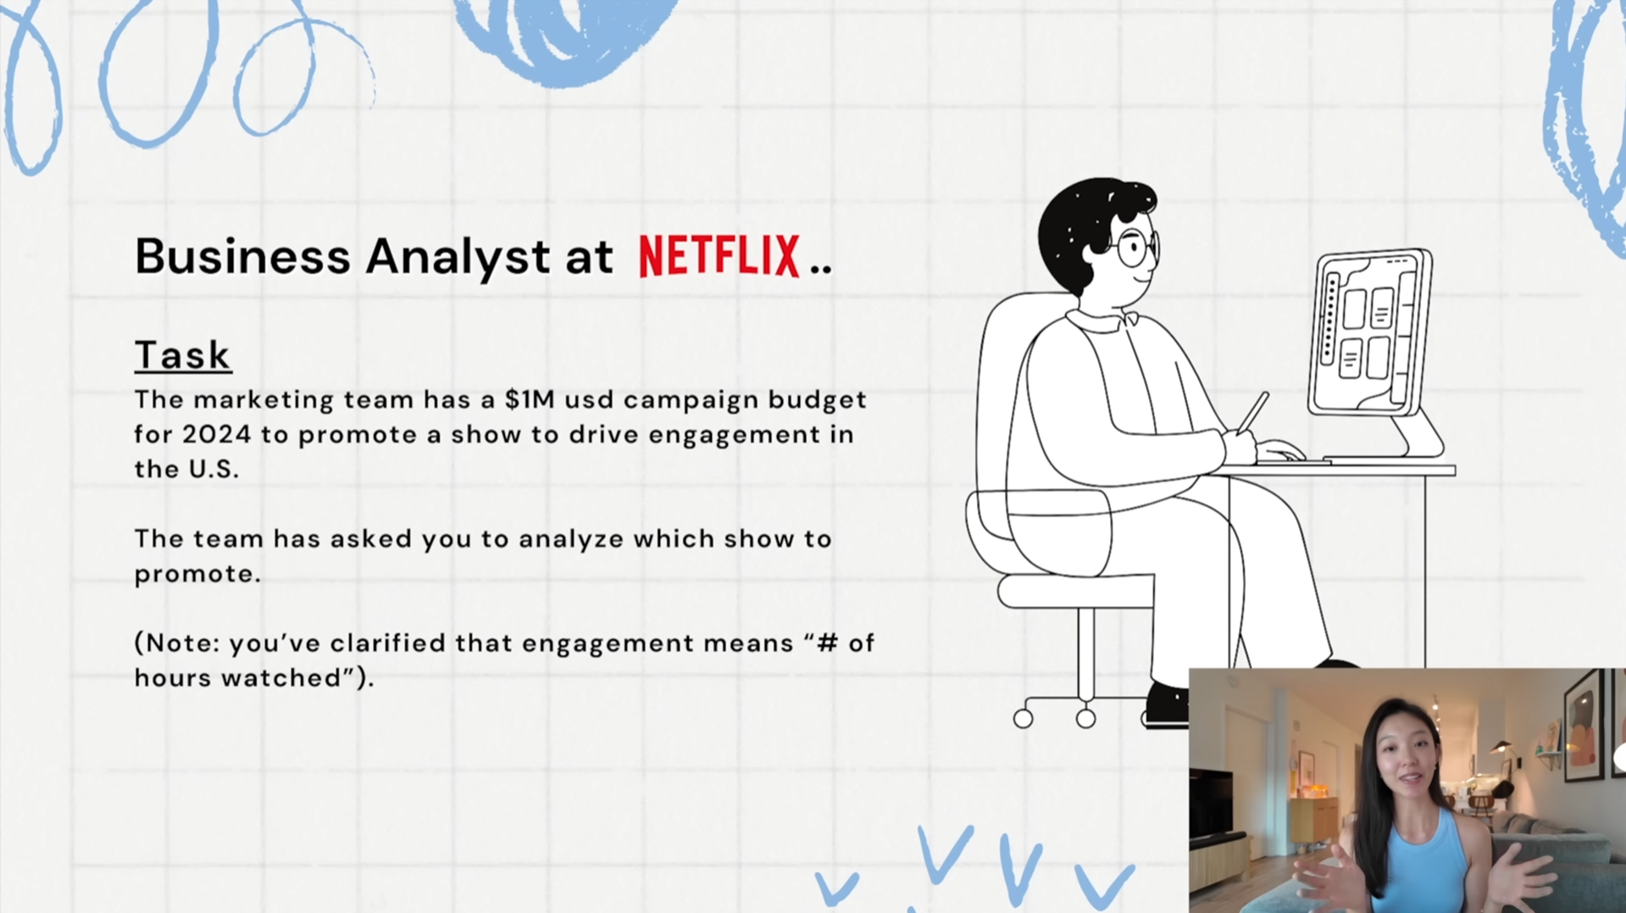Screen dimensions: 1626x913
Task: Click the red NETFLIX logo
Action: (719, 256)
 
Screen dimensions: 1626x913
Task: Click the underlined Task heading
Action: (182, 355)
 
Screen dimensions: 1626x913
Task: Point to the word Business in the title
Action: (242, 256)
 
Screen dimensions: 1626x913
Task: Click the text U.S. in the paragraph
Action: (214, 469)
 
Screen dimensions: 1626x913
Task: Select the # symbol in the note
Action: (828, 643)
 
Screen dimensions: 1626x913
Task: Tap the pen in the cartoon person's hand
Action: (1252, 413)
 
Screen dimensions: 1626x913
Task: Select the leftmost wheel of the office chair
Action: (1023, 719)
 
